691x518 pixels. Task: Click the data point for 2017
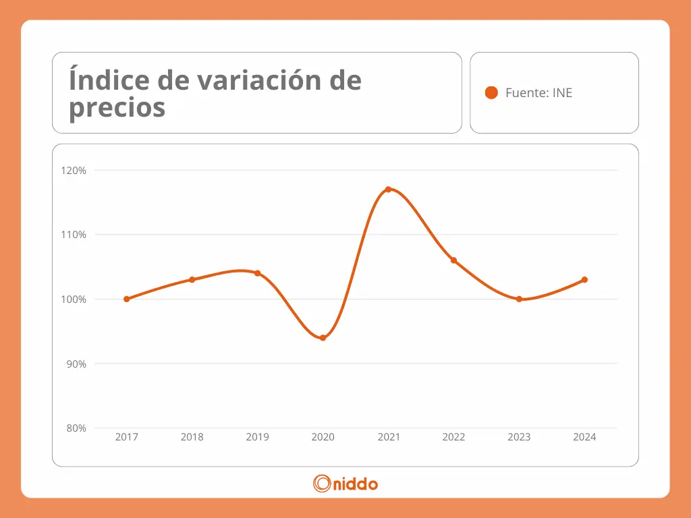point(126,299)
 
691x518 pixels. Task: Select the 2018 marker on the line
point(192,279)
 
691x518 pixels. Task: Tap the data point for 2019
point(257,273)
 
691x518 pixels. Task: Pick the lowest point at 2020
point(323,338)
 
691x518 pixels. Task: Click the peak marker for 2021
point(388,190)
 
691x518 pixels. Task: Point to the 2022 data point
point(453,260)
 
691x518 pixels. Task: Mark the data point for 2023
point(519,299)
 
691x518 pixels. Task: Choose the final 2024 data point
point(584,279)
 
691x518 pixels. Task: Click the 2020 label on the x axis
point(323,437)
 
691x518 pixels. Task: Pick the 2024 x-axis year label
point(584,437)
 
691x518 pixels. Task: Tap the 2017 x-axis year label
point(126,437)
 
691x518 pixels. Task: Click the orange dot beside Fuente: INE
point(491,93)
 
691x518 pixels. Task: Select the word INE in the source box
point(562,93)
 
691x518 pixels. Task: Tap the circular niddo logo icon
point(322,483)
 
